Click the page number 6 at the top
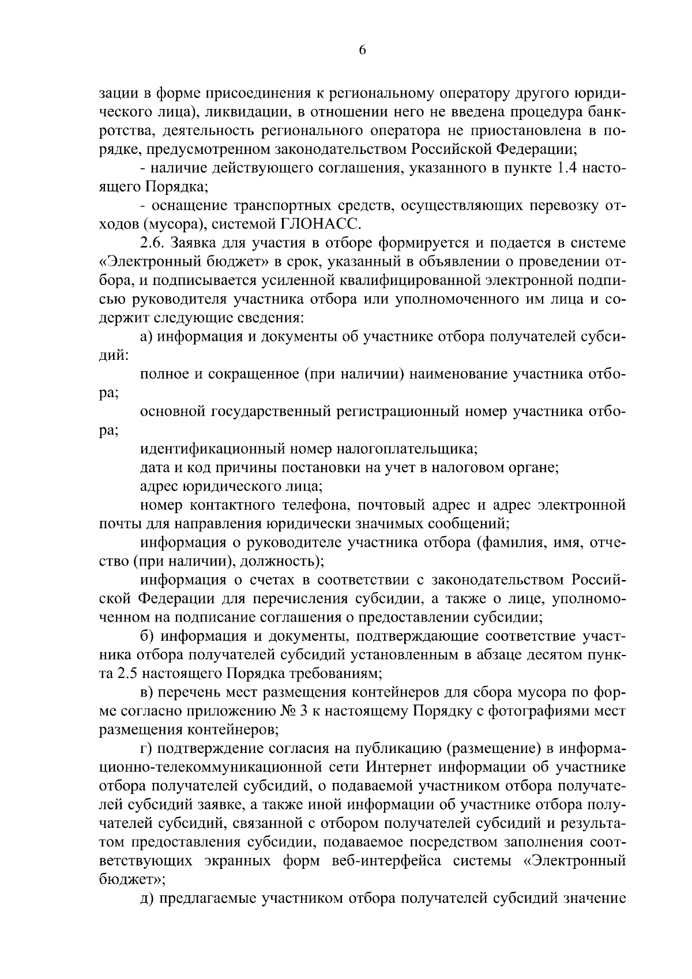click(x=362, y=50)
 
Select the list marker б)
click(x=148, y=636)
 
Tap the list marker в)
click(x=147, y=692)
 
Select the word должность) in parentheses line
click(x=282, y=561)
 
